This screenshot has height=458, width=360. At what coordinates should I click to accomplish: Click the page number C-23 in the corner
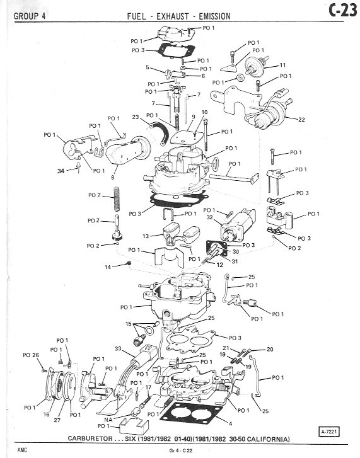[x=342, y=11]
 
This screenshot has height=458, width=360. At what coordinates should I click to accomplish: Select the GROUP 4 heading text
[x=30, y=16]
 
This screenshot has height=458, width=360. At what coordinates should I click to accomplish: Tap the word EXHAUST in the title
[x=173, y=16]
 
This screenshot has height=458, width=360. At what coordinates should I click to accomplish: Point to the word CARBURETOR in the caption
[x=90, y=438]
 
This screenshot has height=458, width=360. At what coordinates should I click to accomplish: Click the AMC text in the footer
[x=22, y=450]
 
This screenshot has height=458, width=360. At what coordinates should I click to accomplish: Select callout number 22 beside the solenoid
[x=301, y=119]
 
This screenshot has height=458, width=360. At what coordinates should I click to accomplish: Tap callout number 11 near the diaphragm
[x=282, y=65]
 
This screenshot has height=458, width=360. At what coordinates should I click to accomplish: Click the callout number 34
[x=61, y=171]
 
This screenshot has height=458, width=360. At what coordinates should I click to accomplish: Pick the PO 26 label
[x=31, y=355]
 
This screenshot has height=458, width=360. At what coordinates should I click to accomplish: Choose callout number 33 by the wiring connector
[x=118, y=348]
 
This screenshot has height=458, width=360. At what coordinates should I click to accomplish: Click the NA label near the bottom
[x=108, y=420]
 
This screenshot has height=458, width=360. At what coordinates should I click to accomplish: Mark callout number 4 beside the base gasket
[x=230, y=423]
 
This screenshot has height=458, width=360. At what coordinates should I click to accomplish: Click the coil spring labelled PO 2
[x=116, y=199]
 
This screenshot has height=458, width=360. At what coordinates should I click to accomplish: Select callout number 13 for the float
[x=146, y=236]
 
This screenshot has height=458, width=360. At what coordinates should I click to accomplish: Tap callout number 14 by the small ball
[x=108, y=267]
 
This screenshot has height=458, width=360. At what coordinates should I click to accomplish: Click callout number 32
[x=209, y=217]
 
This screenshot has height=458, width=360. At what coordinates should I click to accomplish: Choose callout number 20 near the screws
[x=270, y=349]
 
